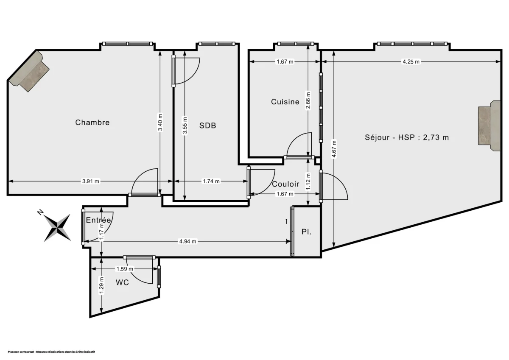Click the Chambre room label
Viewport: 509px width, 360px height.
coord(92,123)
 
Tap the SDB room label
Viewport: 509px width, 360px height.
coord(208,126)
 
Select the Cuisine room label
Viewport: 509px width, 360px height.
coord(285,102)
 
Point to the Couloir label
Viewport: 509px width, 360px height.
coord(285,184)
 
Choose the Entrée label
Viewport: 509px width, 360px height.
coord(98,220)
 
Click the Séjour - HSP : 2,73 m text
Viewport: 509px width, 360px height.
coord(407,137)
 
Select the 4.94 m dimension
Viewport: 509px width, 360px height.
coord(188,242)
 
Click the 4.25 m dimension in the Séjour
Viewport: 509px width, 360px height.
coord(411,61)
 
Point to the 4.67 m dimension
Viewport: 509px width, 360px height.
coord(334,149)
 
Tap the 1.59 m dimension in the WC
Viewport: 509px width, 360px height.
coord(125,269)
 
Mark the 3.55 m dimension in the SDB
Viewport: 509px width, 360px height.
coord(185,126)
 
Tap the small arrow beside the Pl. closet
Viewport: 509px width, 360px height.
coord(287,221)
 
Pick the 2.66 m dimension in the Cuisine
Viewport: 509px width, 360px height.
coord(308,100)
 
